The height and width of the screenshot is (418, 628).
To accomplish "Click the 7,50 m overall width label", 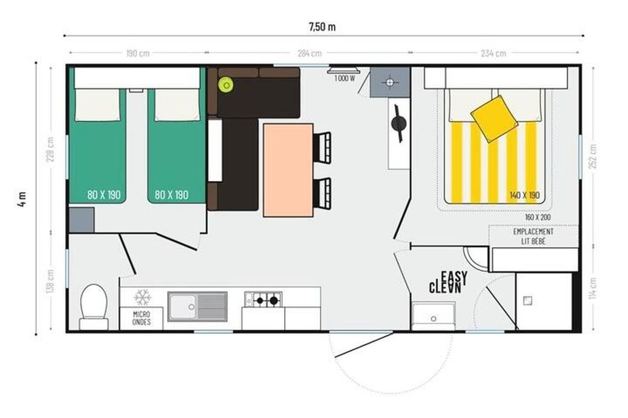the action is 322,27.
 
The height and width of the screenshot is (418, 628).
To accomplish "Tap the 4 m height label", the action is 22,200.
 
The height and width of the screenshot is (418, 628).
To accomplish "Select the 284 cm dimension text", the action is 309,53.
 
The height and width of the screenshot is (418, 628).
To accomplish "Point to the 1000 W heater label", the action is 344,78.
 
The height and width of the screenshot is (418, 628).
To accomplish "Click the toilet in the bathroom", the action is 94,307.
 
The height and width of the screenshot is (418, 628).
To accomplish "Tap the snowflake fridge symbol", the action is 142,297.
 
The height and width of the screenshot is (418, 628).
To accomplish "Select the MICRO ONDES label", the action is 142,318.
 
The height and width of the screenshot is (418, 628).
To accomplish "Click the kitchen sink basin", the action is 183,307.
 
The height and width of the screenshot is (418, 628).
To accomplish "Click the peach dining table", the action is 288,170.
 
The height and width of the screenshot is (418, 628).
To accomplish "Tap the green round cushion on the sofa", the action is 226,85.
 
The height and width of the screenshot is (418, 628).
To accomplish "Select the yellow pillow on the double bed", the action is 494,119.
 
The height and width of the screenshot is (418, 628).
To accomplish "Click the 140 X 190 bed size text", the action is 524,195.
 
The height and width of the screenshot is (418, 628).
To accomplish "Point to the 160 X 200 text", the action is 538,217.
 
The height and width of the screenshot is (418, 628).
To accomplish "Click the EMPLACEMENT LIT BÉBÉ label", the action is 533,236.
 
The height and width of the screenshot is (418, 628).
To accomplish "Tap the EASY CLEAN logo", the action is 448,282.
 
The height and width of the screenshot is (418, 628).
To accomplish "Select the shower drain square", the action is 528,300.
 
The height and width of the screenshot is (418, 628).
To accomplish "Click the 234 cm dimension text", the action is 494,53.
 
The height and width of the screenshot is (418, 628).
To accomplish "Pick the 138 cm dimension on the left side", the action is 50,281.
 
